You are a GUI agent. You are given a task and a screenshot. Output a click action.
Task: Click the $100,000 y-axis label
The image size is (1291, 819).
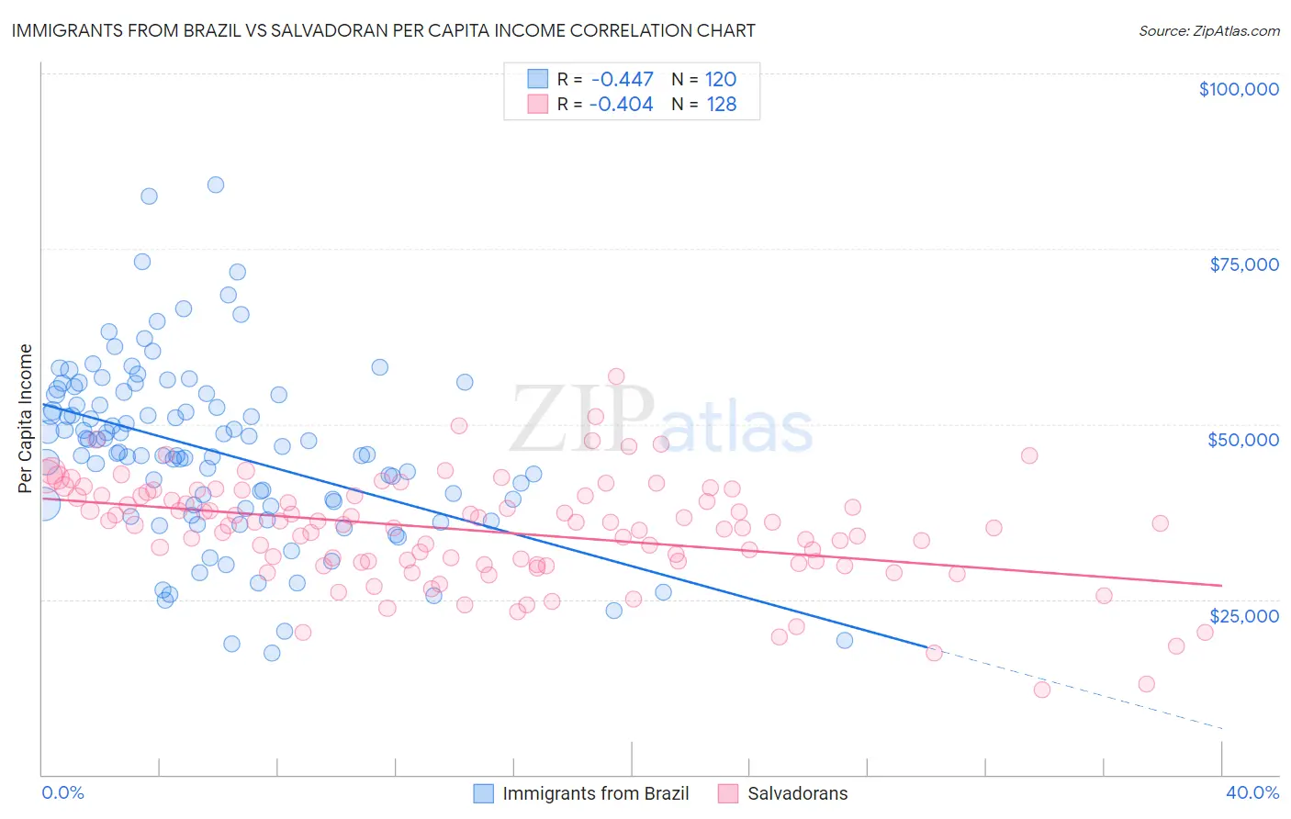[x=1239, y=89]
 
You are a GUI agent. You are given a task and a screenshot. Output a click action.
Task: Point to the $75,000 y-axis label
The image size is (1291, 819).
[x=1244, y=264]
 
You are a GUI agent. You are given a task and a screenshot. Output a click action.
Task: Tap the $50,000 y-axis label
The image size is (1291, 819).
[x=1242, y=440]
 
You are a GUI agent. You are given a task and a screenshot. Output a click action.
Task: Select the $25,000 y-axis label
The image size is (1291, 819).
[x=1242, y=615]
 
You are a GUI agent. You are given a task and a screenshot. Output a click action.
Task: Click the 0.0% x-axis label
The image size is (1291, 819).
[x=62, y=792]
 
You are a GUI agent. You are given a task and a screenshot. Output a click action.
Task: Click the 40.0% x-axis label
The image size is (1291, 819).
[x=1252, y=792]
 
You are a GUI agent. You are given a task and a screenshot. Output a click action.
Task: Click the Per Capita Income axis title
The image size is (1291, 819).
[x=26, y=418]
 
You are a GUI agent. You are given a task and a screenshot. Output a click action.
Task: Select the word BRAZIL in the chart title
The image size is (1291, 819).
[x=210, y=30]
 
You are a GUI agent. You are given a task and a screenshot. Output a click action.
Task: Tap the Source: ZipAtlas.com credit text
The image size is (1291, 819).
[x=1208, y=30]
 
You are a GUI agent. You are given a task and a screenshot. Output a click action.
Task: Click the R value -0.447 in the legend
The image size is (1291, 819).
[x=622, y=80]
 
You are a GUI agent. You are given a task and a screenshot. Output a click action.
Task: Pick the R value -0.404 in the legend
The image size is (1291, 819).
[x=622, y=105]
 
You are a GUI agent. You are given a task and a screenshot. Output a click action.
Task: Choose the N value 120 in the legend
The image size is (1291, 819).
[x=721, y=80]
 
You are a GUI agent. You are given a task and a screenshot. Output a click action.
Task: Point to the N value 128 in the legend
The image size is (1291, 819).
[x=721, y=105]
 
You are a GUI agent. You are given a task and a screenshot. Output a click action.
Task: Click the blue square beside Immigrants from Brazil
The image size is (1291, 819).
[x=484, y=793]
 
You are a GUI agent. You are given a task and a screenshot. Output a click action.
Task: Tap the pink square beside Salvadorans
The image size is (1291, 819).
[x=728, y=793]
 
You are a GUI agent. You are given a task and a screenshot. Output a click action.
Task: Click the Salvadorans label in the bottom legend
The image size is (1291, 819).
[x=797, y=793]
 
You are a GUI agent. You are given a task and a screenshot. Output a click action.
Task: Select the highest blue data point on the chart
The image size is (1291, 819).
[x=216, y=185]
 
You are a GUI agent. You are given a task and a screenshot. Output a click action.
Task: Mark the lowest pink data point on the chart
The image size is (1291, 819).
[x=1041, y=690]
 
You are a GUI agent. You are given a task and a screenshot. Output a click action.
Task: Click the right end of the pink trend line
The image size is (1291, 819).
[x=1221, y=585]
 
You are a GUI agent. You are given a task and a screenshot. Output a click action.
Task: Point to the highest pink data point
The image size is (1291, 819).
[x=616, y=376]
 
